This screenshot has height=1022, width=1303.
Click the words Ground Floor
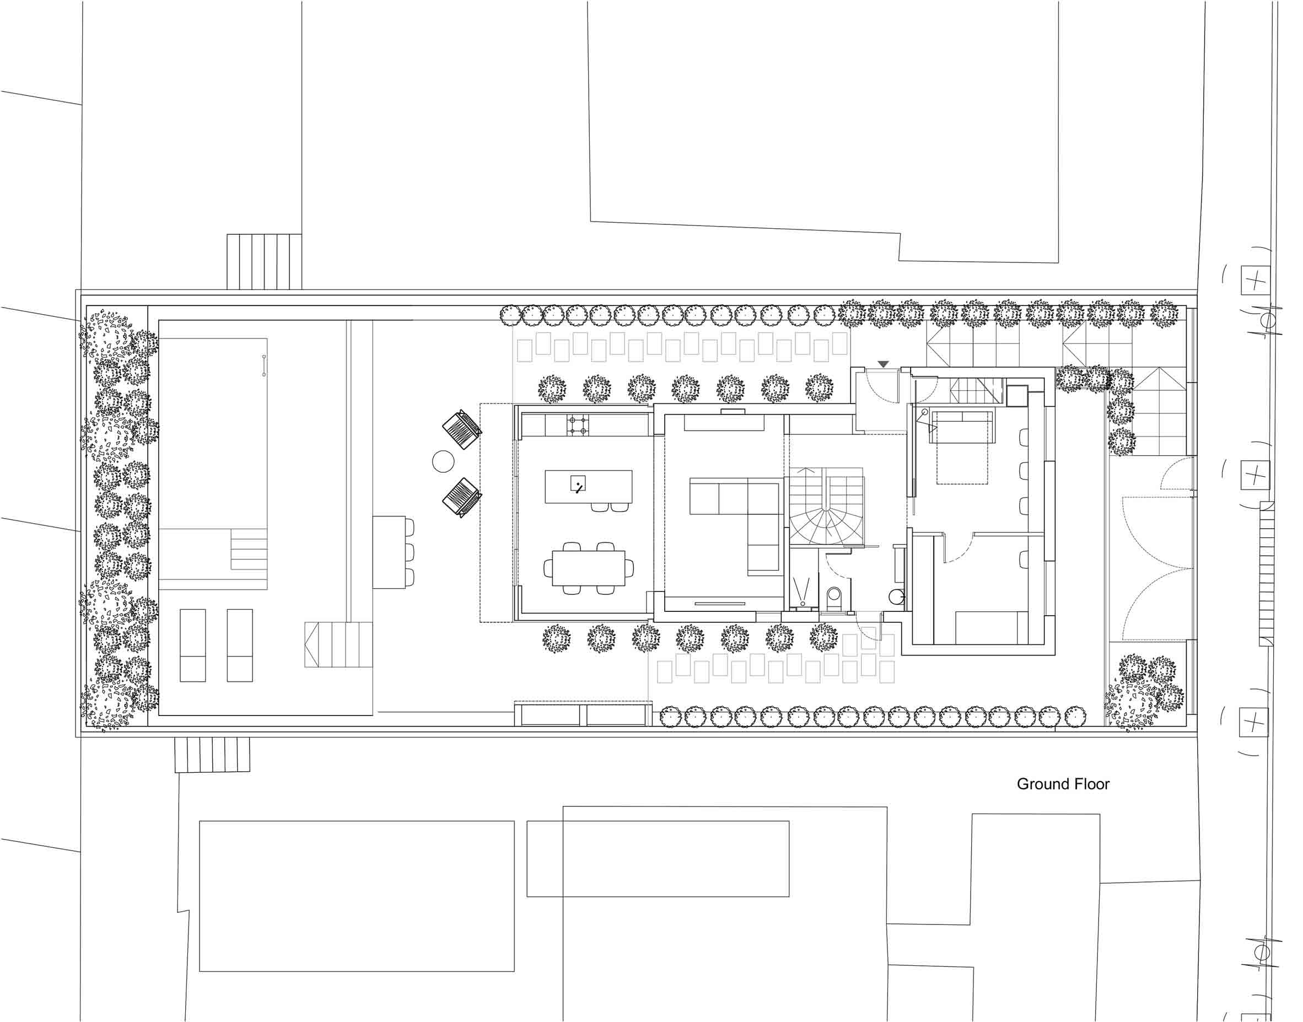[1063, 784]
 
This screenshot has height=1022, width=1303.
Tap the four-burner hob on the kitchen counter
[578, 425]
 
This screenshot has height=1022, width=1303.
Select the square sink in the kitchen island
[578, 483]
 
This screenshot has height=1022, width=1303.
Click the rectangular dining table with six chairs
[588, 568]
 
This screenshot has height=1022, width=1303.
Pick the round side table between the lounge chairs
[443, 461]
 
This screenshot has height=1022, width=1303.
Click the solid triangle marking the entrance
[883, 364]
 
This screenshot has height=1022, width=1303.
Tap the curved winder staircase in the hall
[826, 506]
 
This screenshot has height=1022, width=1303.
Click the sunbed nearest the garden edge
[192, 646]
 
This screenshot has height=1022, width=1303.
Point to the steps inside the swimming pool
[249, 549]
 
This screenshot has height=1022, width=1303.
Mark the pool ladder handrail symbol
[264, 365]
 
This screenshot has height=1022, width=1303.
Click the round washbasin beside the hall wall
[896, 596]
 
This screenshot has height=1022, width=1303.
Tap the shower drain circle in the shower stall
[803, 603]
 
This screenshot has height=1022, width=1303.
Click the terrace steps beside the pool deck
[338, 644]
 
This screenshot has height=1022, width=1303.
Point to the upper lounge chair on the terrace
[462, 428]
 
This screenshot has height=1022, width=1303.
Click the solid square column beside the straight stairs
[1017, 396]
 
